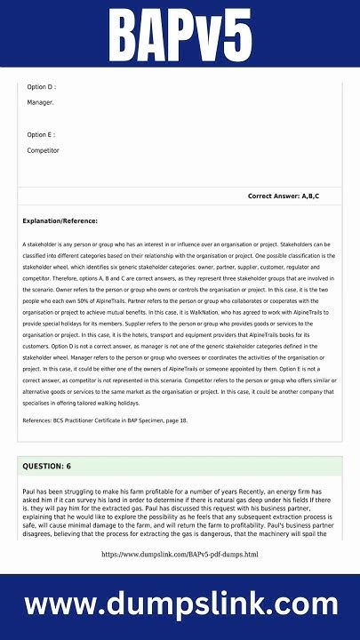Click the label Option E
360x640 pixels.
(41, 135)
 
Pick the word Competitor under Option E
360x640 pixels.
(43, 151)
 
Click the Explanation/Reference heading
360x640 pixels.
(60, 220)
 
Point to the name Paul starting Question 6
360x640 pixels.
(29, 491)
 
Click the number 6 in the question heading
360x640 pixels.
(68, 466)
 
